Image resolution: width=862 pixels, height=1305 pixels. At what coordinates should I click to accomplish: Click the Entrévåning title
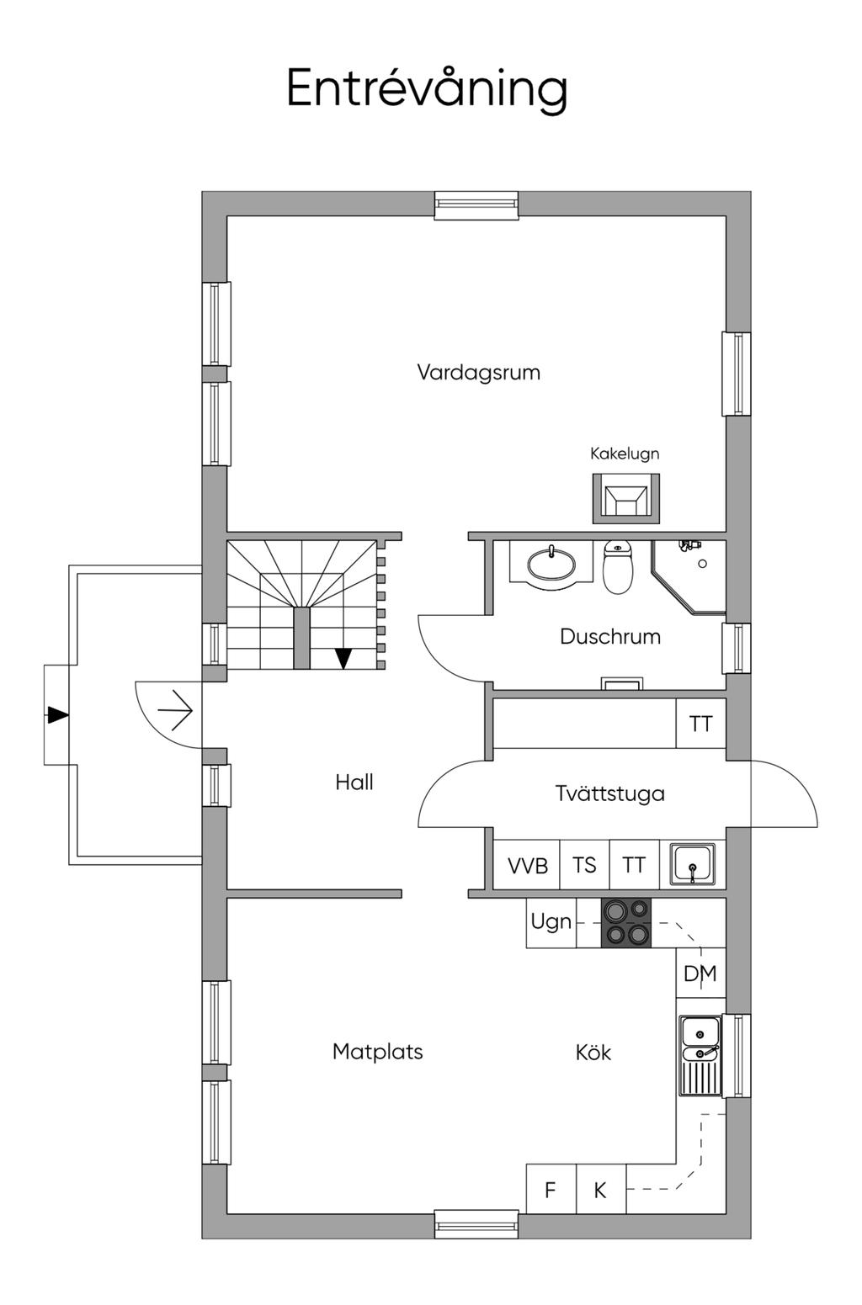click(x=427, y=88)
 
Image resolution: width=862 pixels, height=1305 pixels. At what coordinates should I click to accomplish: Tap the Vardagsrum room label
click(x=478, y=372)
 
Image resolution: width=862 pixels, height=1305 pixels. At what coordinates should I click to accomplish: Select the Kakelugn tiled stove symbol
click(x=625, y=497)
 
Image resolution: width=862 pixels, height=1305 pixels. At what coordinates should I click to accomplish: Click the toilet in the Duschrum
click(x=618, y=567)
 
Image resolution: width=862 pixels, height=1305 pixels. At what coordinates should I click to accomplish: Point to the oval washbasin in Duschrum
click(x=551, y=565)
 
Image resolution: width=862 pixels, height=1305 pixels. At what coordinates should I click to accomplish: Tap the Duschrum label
click(x=609, y=636)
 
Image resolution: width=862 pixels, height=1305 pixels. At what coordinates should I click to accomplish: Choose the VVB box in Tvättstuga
click(x=527, y=865)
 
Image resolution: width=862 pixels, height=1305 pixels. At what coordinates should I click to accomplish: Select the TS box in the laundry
click(x=584, y=865)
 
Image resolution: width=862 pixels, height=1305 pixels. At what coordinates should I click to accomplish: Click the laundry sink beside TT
click(x=693, y=864)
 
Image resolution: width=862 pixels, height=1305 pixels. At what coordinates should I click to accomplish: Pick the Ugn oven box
click(x=551, y=922)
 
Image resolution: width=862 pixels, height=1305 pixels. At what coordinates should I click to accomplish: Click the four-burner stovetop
click(x=626, y=922)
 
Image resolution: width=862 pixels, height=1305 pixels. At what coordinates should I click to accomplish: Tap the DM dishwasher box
click(x=700, y=973)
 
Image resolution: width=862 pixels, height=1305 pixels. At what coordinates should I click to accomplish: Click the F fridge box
click(x=551, y=1190)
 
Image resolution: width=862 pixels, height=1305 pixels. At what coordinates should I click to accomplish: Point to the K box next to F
click(x=600, y=1190)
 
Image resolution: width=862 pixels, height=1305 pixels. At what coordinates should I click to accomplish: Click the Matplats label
click(x=377, y=1051)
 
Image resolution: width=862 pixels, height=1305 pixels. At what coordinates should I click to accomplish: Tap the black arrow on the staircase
click(x=343, y=658)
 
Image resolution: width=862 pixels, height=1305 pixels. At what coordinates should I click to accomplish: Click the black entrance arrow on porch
click(x=57, y=715)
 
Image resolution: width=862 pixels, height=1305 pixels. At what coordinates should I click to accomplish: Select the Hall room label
click(x=354, y=782)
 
